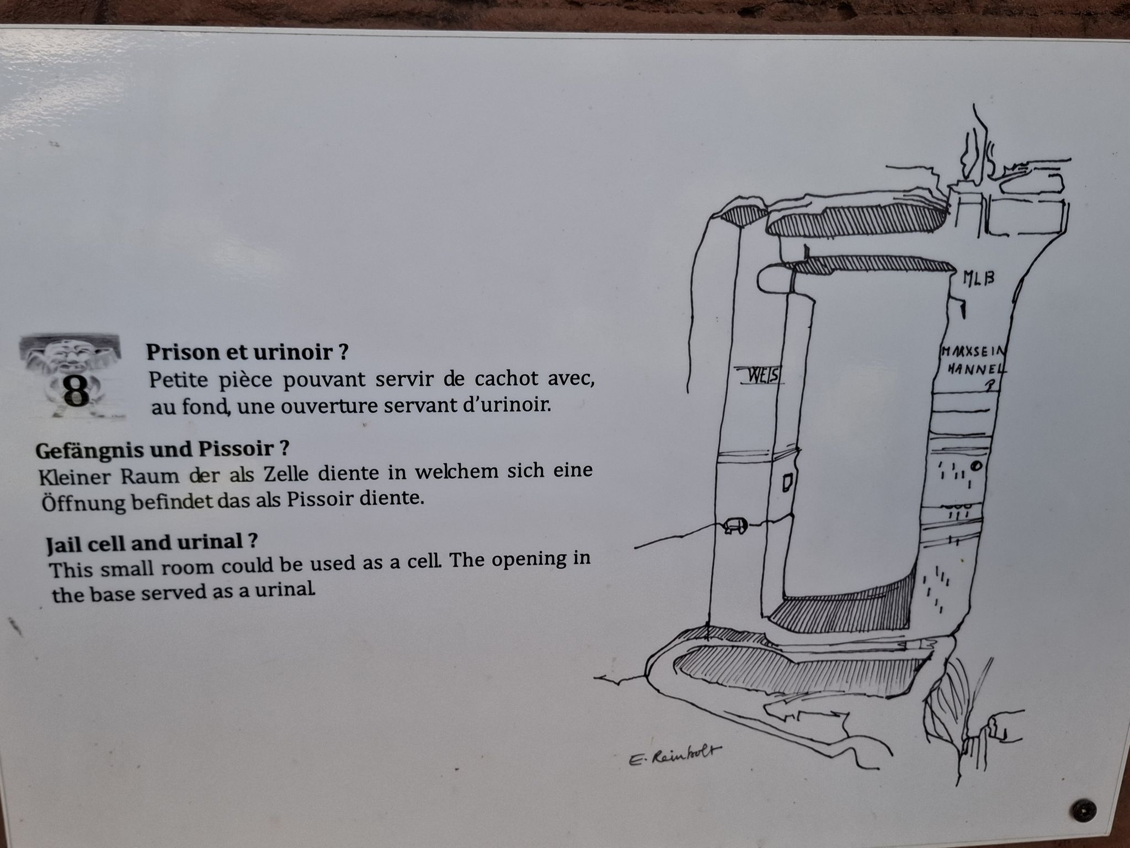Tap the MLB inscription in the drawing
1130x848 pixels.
978,278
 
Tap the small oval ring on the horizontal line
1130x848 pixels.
735,526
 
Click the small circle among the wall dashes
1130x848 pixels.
976,466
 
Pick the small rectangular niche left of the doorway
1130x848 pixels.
787,483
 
